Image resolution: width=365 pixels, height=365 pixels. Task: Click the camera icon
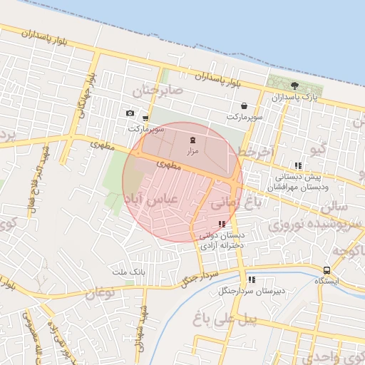pos(130,113)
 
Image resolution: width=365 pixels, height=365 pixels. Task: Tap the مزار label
pos(192,151)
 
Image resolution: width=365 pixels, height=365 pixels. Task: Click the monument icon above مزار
pos(192,140)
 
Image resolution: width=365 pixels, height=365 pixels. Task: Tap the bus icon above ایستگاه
pos(326,270)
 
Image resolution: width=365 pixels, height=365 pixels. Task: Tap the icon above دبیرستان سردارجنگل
pos(252,280)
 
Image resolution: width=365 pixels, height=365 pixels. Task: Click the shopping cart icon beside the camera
pos(145,118)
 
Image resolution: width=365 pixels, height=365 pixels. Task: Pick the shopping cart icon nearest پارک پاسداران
pos(244,105)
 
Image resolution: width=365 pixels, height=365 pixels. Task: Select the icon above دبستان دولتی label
pos(221,224)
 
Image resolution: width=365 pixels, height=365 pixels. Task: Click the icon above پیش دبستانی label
pos(298,165)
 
